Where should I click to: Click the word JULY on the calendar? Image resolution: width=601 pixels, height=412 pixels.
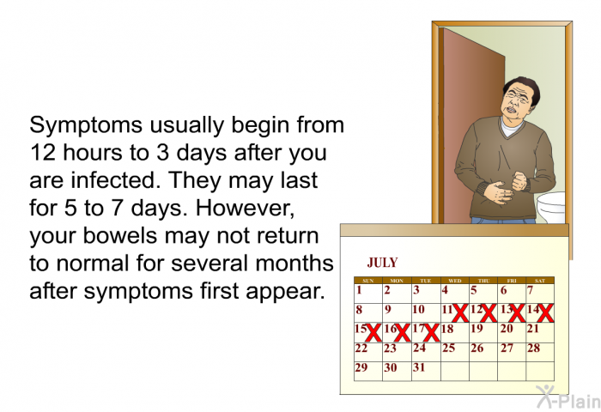(382, 263)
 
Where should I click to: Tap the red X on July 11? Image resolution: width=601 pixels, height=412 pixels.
(460, 313)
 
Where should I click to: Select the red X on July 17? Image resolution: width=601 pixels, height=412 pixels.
(431, 333)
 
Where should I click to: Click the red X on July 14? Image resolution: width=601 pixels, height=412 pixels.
(546, 313)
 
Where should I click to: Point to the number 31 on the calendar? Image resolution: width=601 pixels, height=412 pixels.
(419, 367)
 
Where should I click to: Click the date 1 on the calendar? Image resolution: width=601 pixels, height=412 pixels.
(359, 290)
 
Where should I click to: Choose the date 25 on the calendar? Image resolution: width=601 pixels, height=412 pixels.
(448, 348)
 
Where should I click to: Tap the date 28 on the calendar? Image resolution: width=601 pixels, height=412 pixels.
(533, 348)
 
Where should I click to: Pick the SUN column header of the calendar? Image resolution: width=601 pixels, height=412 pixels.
(368, 281)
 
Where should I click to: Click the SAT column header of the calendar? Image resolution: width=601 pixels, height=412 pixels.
(540, 281)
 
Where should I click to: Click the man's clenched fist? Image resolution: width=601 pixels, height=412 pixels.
(519, 181)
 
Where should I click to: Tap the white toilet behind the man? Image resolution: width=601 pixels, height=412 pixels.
(551, 207)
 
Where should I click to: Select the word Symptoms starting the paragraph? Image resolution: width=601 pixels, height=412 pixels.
(86, 126)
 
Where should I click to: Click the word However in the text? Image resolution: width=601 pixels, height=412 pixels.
(245, 209)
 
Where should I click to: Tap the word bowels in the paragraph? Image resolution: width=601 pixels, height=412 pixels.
(120, 235)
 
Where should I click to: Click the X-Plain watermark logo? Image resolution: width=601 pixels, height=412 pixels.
(568, 397)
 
